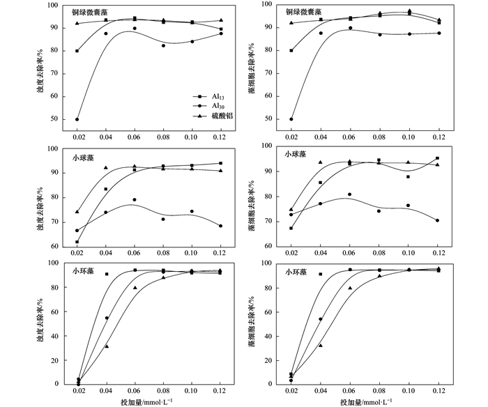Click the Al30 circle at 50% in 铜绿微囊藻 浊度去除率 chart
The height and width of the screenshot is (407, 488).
[x=77, y=119]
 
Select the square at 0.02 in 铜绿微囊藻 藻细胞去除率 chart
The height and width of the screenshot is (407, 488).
[x=291, y=50]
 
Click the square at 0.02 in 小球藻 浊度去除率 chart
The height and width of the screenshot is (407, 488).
[x=77, y=242]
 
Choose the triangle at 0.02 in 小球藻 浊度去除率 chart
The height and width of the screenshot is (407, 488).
[x=77, y=212]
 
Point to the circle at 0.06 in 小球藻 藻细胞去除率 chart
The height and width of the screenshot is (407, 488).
[x=349, y=194]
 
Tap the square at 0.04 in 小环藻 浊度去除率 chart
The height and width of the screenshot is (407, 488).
[x=106, y=274]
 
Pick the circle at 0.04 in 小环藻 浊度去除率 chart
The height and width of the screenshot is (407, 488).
[x=106, y=318]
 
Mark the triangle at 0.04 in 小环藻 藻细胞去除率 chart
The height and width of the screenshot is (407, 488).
[x=321, y=346]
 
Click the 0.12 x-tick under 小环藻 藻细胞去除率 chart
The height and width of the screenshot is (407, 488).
[x=437, y=392]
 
